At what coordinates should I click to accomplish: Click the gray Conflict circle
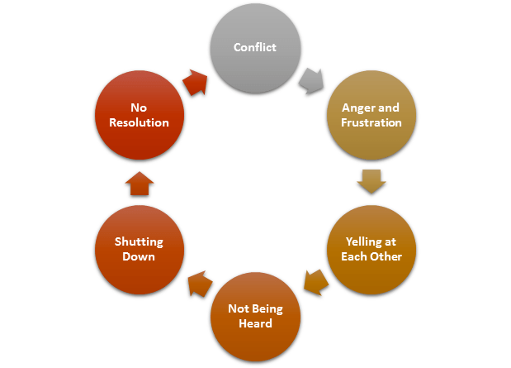click(255, 48)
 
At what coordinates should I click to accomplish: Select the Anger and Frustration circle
click(371, 115)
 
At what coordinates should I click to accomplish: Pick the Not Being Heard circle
click(255, 317)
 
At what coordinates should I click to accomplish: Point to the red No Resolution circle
click(139, 115)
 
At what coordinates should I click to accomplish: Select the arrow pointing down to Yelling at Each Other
click(371, 180)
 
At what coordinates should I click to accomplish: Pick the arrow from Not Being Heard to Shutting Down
click(196, 284)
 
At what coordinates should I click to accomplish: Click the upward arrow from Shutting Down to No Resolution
click(139, 183)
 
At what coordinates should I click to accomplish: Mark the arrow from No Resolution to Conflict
click(195, 79)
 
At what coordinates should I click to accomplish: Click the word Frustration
click(371, 122)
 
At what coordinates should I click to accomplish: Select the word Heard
click(255, 324)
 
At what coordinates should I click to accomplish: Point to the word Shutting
click(139, 241)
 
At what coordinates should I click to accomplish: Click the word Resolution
click(139, 122)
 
